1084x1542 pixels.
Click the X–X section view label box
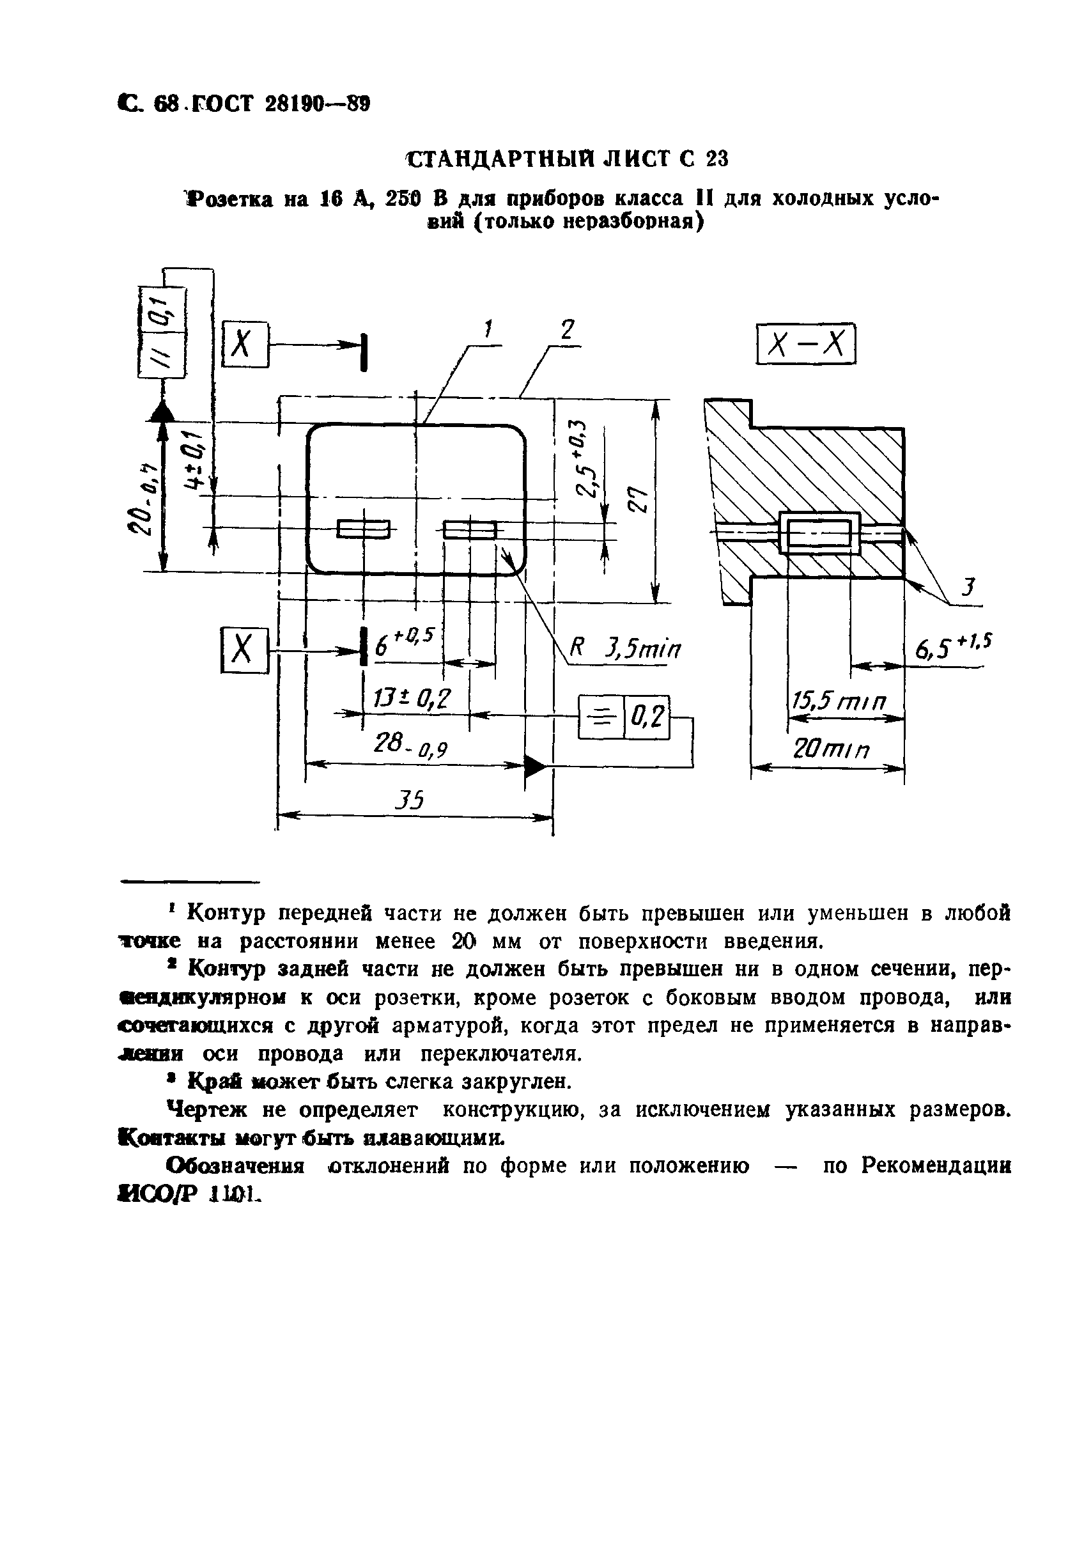pyautogui.click(x=805, y=345)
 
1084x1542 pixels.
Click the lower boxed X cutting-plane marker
pyautogui.click(x=244, y=650)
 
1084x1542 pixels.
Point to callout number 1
pyautogui.click(x=488, y=330)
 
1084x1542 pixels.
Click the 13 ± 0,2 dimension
pyautogui.click(x=411, y=700)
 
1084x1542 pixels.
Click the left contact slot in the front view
pyautogui.click(x=362, y=530)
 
